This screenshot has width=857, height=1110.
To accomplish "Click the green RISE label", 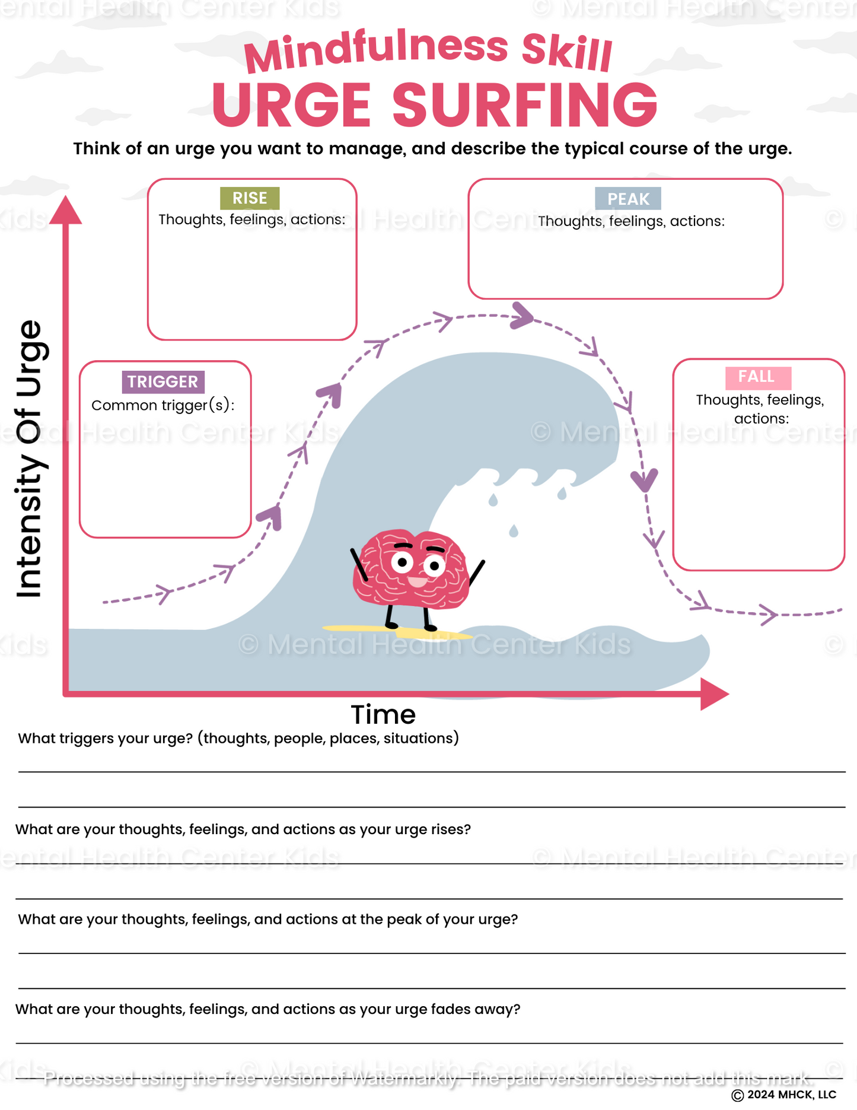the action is [x=250, y=198].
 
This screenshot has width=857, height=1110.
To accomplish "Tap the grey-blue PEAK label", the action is [x=628, y=199].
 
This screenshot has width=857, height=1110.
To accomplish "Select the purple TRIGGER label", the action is [x=163, y=381].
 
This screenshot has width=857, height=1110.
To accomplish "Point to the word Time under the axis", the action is [x=383, y=715].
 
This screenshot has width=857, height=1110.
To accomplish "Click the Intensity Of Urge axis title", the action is [x=30, y=459].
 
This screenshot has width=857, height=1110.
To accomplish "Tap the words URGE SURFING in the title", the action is [x=435, y=105].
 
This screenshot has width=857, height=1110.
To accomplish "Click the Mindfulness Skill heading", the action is [x=428, y=52].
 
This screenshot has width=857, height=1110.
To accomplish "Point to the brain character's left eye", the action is [x=403, y=561].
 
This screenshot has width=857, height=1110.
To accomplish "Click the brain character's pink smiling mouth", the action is [x=418, y=581].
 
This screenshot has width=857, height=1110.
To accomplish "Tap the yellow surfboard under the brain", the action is [x=397, y=631].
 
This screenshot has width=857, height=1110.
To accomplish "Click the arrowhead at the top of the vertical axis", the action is [x=65, y=210].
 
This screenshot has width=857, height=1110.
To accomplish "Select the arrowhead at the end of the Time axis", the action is [x=715, y=694].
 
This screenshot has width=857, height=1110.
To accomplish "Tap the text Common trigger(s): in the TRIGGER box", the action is [x=163, y=406].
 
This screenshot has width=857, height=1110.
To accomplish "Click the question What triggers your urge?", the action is [x=238, y=739].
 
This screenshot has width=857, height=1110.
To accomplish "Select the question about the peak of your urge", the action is [x=268, y=920].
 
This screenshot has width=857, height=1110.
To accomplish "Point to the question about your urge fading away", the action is [x=268, y=1010].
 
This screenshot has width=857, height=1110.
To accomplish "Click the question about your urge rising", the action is [x=243, y=829].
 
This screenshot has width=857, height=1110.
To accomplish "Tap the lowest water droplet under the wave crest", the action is [x=514, y=531].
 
